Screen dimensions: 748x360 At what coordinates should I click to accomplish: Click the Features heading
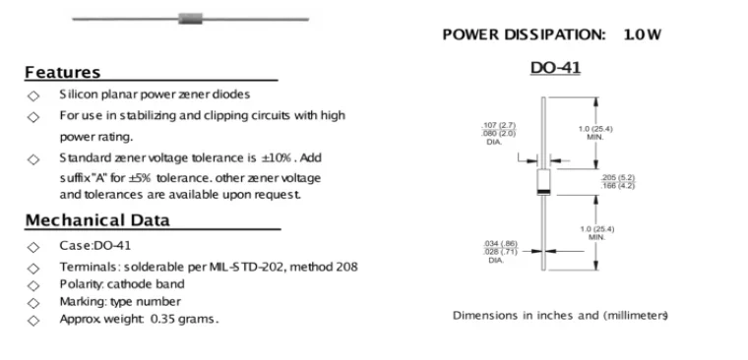point(62,73)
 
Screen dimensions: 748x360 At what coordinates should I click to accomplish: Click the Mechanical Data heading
point(97,220)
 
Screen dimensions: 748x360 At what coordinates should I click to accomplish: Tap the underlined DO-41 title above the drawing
point(555,68)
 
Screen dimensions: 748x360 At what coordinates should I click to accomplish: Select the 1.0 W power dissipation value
point(642,34)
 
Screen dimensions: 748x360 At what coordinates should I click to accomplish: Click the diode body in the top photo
point(190,19)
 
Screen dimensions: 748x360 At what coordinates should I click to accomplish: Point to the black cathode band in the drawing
point(543,192)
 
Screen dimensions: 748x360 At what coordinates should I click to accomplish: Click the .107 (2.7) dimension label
point(499,125)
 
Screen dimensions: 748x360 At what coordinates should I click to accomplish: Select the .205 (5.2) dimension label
point(617,178)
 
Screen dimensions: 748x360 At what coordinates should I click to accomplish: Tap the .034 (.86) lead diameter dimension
point(500,244)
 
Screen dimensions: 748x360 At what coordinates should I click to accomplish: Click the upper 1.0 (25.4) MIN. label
point(595,133)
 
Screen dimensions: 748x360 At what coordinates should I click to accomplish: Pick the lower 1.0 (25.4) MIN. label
point(597,233)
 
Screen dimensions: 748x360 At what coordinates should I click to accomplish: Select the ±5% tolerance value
point(140,178)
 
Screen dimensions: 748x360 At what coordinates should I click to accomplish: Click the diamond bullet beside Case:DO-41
point(32,247)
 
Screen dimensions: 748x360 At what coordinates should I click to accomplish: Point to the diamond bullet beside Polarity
point(32,285)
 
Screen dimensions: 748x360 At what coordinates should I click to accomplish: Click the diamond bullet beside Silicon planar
point(32,95)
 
